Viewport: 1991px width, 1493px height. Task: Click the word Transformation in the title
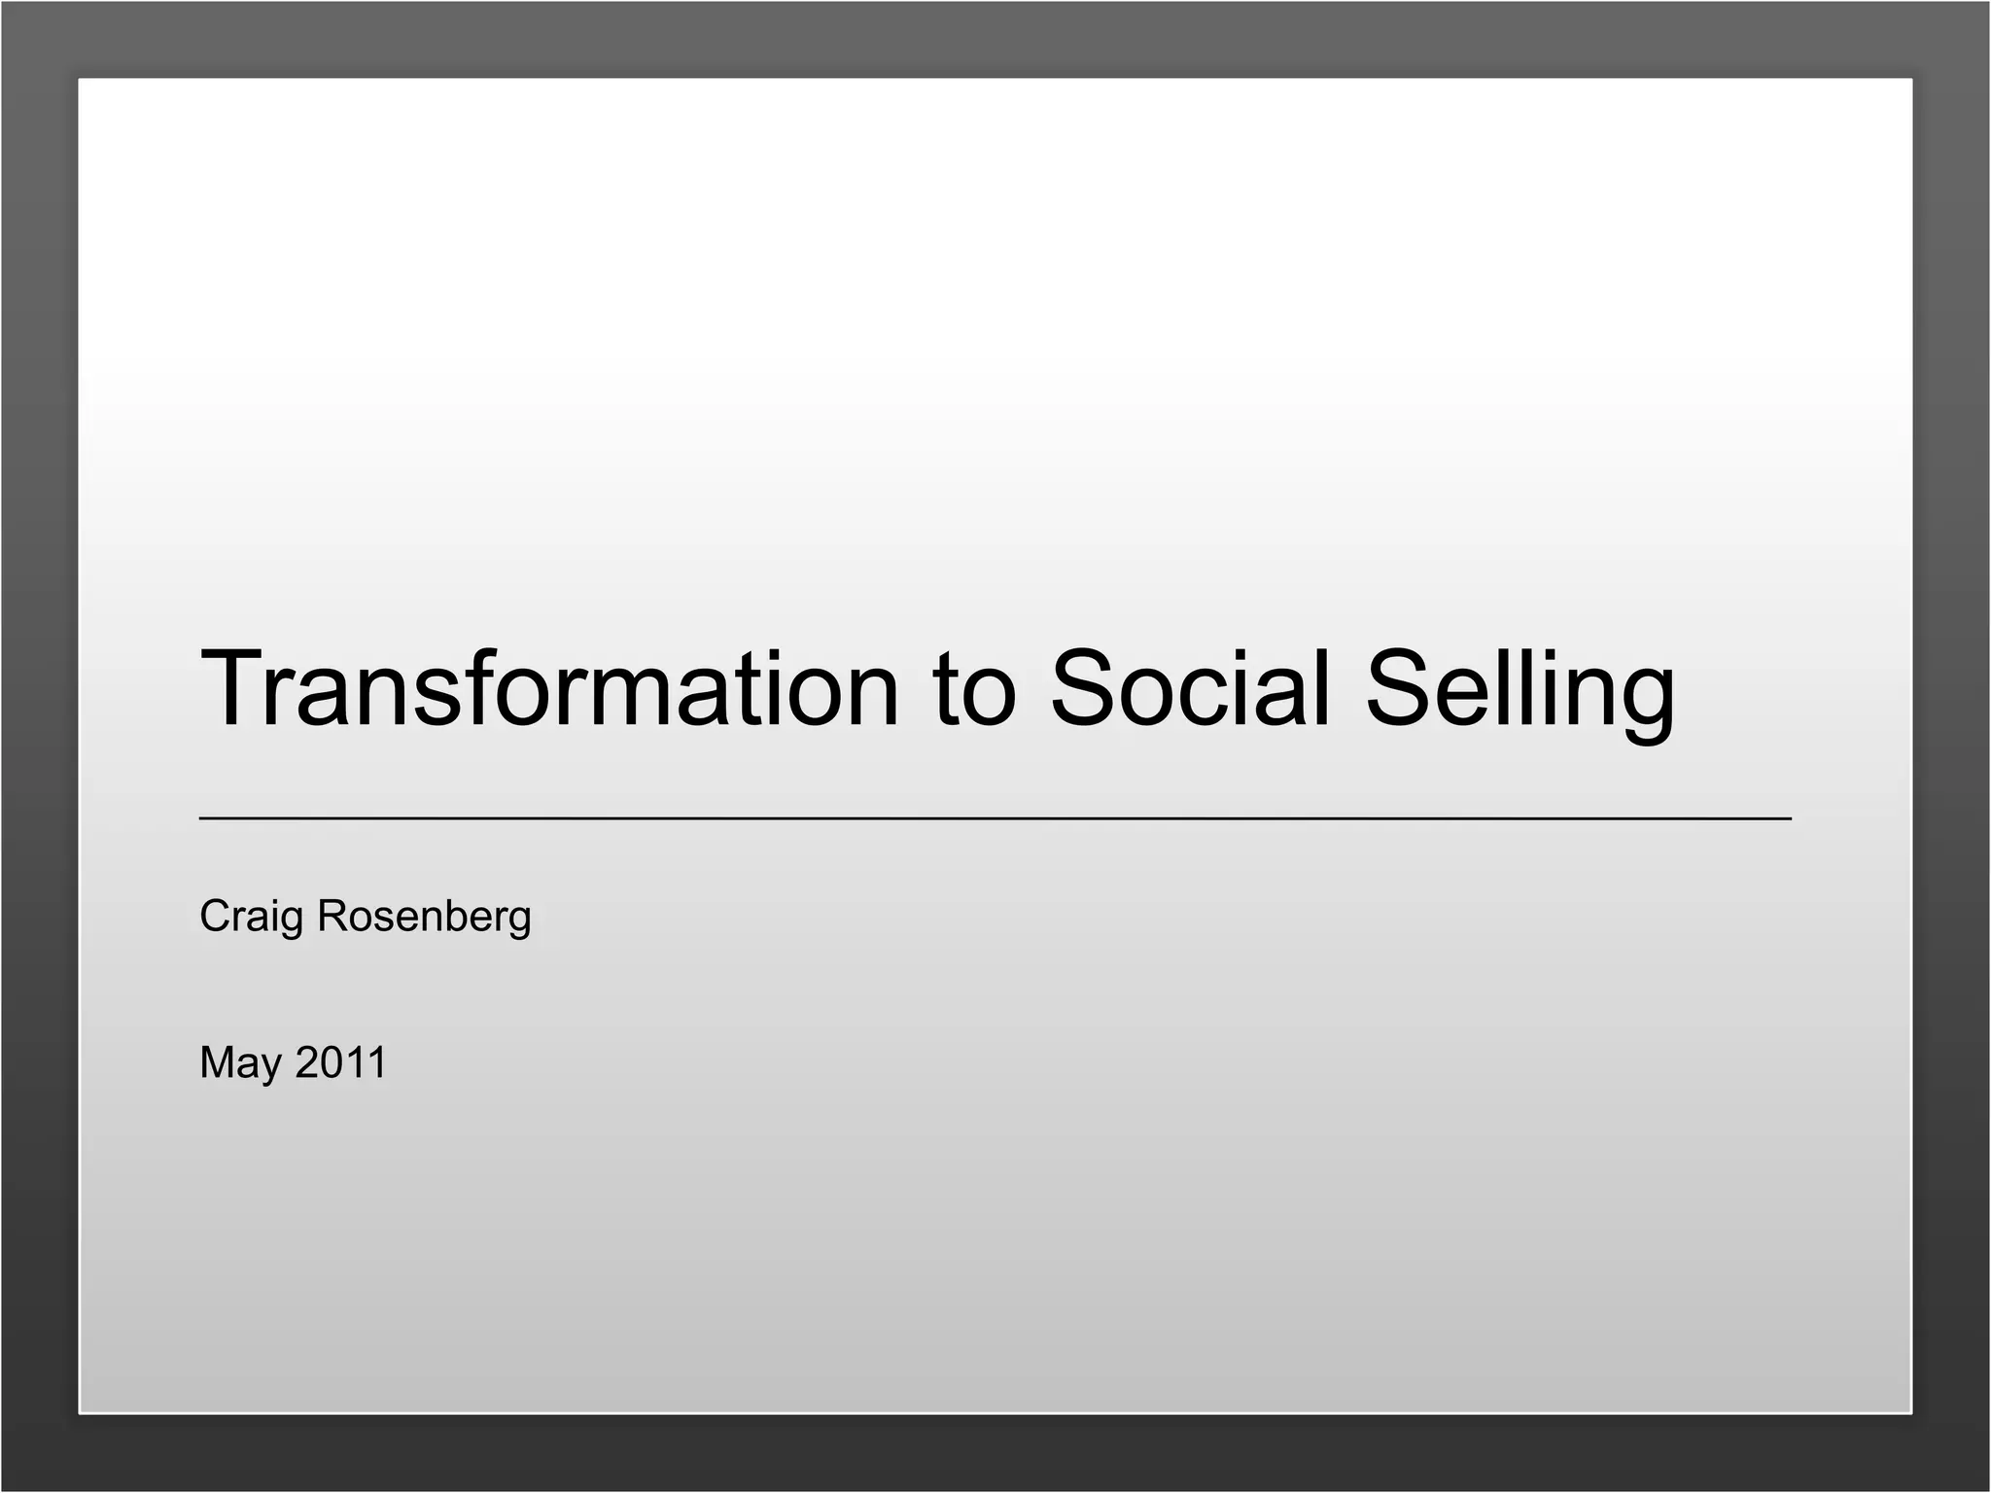click(549, 688)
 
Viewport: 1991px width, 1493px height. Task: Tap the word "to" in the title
click(974, 688)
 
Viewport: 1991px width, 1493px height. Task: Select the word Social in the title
click(1190, 688)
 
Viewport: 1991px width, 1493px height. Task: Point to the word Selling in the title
click(1520, 688)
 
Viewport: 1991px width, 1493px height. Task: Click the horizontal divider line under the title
click(995, 819)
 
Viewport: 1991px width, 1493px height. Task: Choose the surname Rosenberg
click(424, 917)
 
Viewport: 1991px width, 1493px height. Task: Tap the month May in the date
click(240, 1062)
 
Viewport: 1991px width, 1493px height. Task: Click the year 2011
click(340, 1062)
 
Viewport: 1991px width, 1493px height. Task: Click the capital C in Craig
click(215, 916)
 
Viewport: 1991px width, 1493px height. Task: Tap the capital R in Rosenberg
click(333, 916)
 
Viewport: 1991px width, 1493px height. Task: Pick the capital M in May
click(219, 1062)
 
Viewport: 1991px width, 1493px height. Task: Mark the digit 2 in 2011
click(307, 1062)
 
